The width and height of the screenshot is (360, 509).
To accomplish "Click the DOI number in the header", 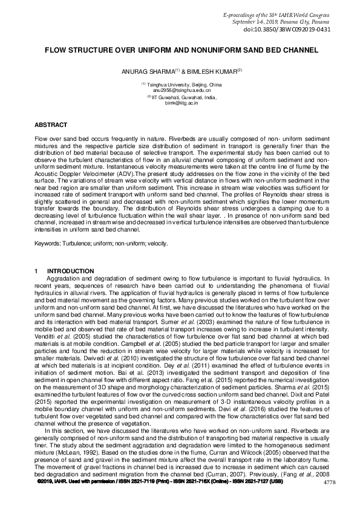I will tap(295, 29).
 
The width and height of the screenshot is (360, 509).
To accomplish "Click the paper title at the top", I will tap(180, 53).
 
